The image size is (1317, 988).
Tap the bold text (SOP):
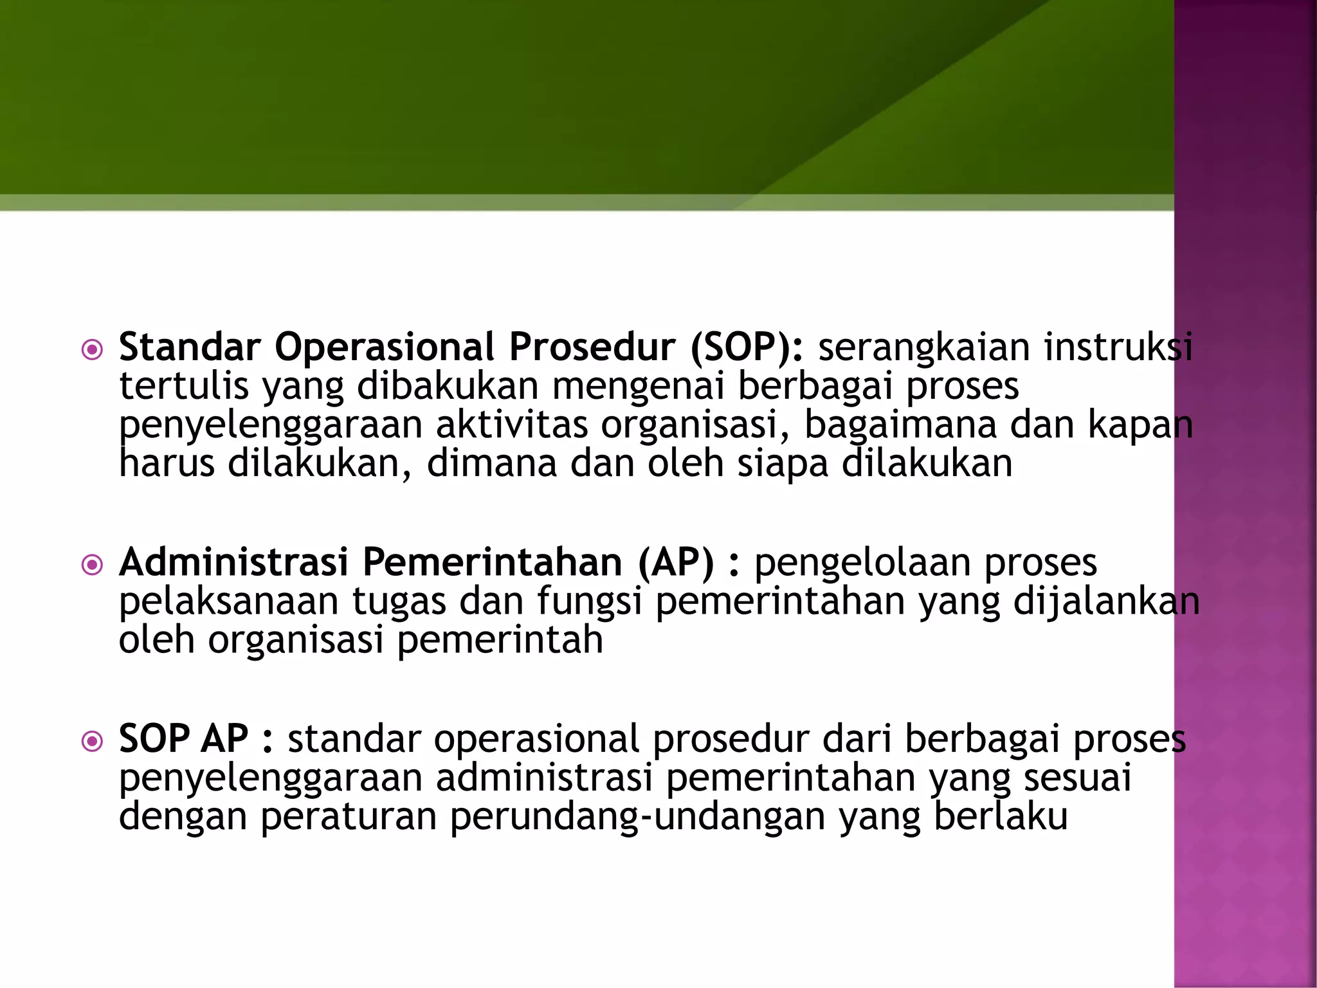pos(747,347)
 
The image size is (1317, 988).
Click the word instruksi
pos(1118,347)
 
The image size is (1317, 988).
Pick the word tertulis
pos(183,386)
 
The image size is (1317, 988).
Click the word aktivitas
pos(512,425)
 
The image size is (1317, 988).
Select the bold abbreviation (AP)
pos(676,562)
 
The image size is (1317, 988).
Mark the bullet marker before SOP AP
pos(93,742)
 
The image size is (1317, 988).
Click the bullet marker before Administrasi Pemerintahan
pos(93,565)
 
